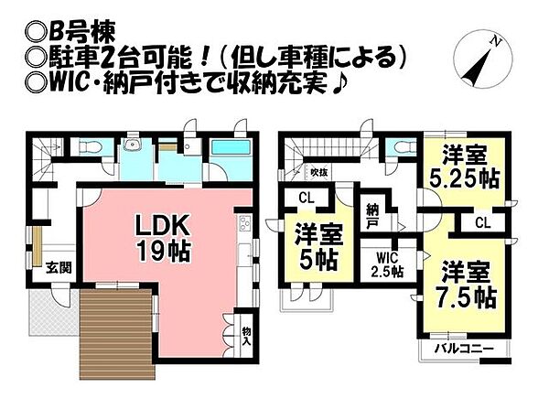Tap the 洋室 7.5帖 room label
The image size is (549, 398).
point(467,285)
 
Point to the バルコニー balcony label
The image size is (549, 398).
point(463,349)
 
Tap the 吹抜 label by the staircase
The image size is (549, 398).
point(318,170)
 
